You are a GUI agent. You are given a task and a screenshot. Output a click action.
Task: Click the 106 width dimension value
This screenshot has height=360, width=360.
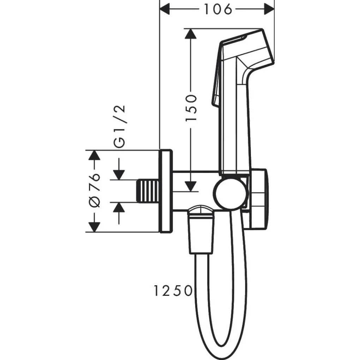point(218,9)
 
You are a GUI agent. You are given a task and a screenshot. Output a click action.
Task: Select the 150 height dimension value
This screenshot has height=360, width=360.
point(191,108)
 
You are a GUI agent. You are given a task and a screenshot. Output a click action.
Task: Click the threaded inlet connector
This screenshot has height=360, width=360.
point(148,191)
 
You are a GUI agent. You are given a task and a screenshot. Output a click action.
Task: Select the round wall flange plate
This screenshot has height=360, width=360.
point(166,191)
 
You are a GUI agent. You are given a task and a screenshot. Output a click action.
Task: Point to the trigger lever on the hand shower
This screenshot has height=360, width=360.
point(216,85)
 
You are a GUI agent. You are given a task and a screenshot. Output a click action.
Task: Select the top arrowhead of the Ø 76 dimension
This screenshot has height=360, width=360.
point(94,156)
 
